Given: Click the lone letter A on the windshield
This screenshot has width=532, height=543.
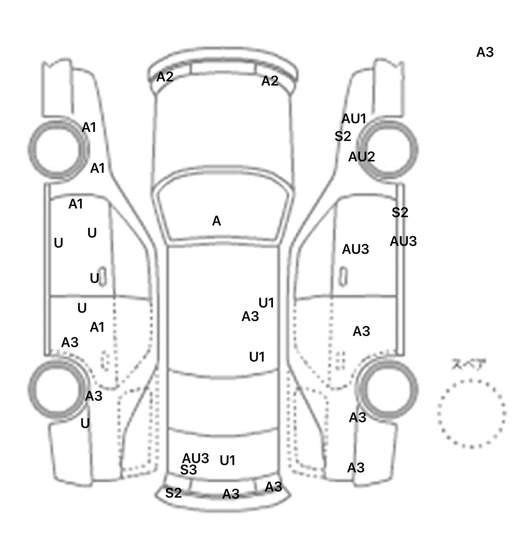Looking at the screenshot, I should pyautogui.click(x=216, y=221).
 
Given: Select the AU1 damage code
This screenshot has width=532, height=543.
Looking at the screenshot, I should pyautogui.click(x=354, y=119).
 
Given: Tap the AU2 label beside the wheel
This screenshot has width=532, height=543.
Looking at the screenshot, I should pyautogui.click(x=361, y=157).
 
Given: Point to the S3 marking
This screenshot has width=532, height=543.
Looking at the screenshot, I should pyautogui.click(x=188, y=470).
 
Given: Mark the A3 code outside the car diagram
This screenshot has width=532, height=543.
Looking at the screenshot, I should pyautogui.click(x=485, y=52).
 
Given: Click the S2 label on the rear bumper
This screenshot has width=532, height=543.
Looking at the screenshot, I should pyautogui.click(x=173, y=493).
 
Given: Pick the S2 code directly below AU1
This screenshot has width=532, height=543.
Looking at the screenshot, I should pyautogui.click(x=343, y=136).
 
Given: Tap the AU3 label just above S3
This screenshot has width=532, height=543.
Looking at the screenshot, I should pyautogui.click(x=196, y=458).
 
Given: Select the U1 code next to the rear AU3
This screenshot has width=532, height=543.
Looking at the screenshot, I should pyautogui.click(x=228, y=461).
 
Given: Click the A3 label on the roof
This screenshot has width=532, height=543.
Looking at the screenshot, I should pyautogui.click(x=250, y=317).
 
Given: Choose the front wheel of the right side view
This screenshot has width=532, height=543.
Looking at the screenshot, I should pyautogui.click(x=389, y=150).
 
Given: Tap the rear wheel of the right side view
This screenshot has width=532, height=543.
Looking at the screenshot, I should pyautogui.click(x=388, y=390).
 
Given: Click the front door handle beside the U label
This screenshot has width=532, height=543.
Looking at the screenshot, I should pyautogui.click(x=103, y=277).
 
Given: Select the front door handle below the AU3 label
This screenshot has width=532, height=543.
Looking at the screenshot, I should pyautogui.click(x=343, y=276).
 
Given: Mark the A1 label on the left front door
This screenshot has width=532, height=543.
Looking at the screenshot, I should pyautogui.click(x=76, y=204).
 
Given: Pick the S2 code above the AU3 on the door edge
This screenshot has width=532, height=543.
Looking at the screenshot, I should pyautogui.click(x=400, y=212).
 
